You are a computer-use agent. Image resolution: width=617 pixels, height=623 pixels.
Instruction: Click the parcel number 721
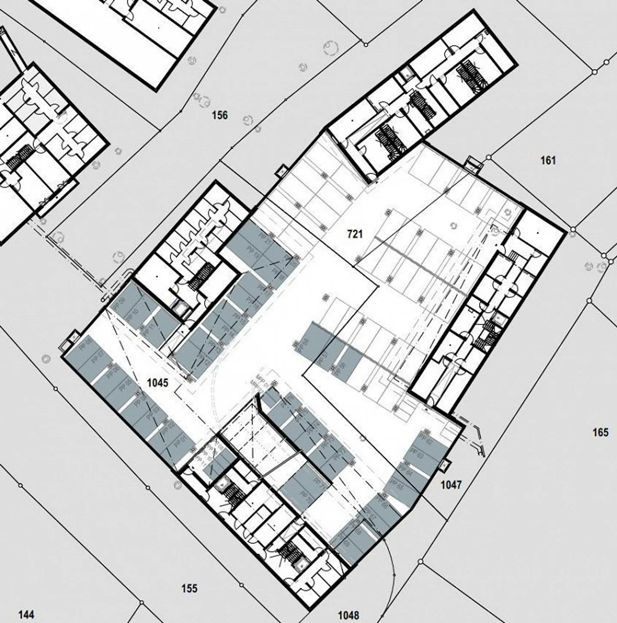pos(355,234)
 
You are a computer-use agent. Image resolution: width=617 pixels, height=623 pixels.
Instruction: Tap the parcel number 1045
pos(158,382)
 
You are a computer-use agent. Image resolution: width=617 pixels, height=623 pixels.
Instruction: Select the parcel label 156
pos(220,115)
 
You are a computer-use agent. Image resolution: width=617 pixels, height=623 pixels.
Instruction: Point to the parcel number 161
pos(548,161)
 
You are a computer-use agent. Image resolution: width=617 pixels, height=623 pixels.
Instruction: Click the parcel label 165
pos(600,432)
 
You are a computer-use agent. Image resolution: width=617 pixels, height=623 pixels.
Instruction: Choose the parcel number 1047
pos(451,485)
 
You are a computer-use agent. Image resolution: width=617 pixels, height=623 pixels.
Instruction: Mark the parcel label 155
pos(189,588)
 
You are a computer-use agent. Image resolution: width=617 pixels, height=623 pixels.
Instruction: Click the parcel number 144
pos(26,615)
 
